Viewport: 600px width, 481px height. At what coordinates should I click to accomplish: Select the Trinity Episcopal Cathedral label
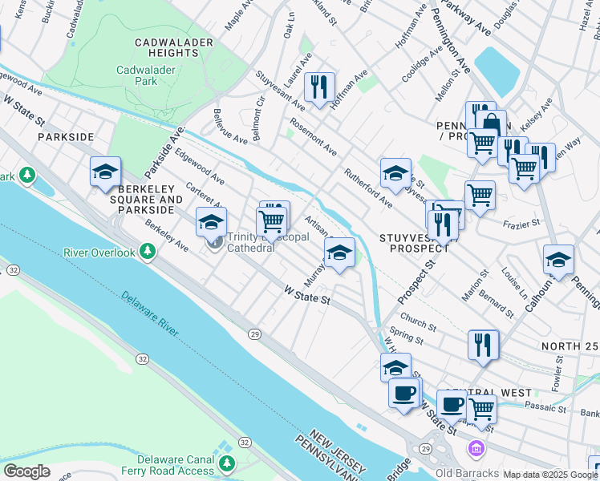pyautogui.click(x=251, y=242)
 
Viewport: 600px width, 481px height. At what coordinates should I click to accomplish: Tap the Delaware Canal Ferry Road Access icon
pyautogui.click(x=227, y=463)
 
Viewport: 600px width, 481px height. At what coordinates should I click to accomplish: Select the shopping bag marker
pyautogui.click(x=490, y=124)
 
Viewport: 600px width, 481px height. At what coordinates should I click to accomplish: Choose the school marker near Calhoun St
pyautogui.click(x=558, y=259)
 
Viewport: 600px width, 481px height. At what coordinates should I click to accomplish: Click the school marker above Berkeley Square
pyautogui.click(x=105, y=171)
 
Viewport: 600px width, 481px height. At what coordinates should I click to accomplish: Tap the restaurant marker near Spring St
pyautogui.click(x=483, y=344)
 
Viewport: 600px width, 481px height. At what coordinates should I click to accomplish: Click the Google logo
pyautogui.click(x=26, y=471)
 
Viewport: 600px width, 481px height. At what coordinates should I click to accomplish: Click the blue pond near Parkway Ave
pyautogui.click(x=497, y=71)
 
